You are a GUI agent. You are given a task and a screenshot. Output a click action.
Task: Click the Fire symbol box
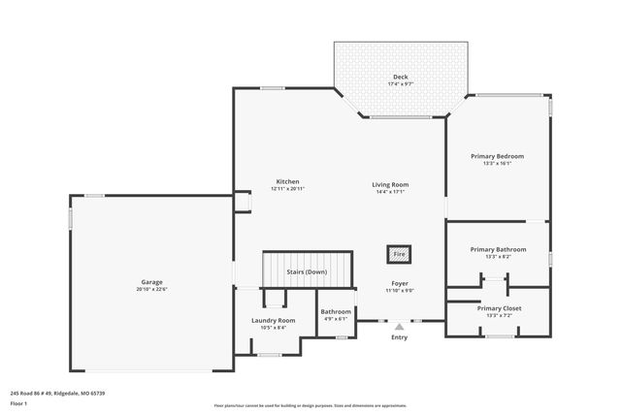click(x=399, y=255)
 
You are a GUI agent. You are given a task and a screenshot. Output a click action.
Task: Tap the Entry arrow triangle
click(x=399, y=328)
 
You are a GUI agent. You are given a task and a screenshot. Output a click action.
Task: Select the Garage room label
click(x=152, y=282)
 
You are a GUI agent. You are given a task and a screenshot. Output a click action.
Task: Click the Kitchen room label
click(x=287, y=181)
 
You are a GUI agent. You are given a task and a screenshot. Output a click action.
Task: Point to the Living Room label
click(x=390, y=184)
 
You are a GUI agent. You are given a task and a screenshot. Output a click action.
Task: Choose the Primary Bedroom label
click(x=497, y=156)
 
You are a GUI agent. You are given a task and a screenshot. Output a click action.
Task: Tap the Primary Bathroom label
click(x=497, y=249)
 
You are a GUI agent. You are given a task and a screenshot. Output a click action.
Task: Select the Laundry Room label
click(x=273, y=320)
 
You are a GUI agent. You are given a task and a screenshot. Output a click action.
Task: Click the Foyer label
click(x=399, y=283)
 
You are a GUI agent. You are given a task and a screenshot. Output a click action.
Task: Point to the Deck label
click(x=400, y=77)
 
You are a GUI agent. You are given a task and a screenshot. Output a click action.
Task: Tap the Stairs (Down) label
click(x=309, y=272)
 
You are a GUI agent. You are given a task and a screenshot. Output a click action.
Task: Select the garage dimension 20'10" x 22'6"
click(x=152, y=289)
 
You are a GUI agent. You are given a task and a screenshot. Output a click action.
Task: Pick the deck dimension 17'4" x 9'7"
click(x=400, y=83)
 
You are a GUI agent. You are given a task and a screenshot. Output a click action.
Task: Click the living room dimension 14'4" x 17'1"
click(x=390, y=191)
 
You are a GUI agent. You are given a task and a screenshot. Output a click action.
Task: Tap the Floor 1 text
click(x=19, y=402)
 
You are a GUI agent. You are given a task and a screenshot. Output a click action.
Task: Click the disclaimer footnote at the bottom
click(x=310, y=406)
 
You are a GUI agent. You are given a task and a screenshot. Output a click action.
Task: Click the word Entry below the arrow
click(x=399, y=337)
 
